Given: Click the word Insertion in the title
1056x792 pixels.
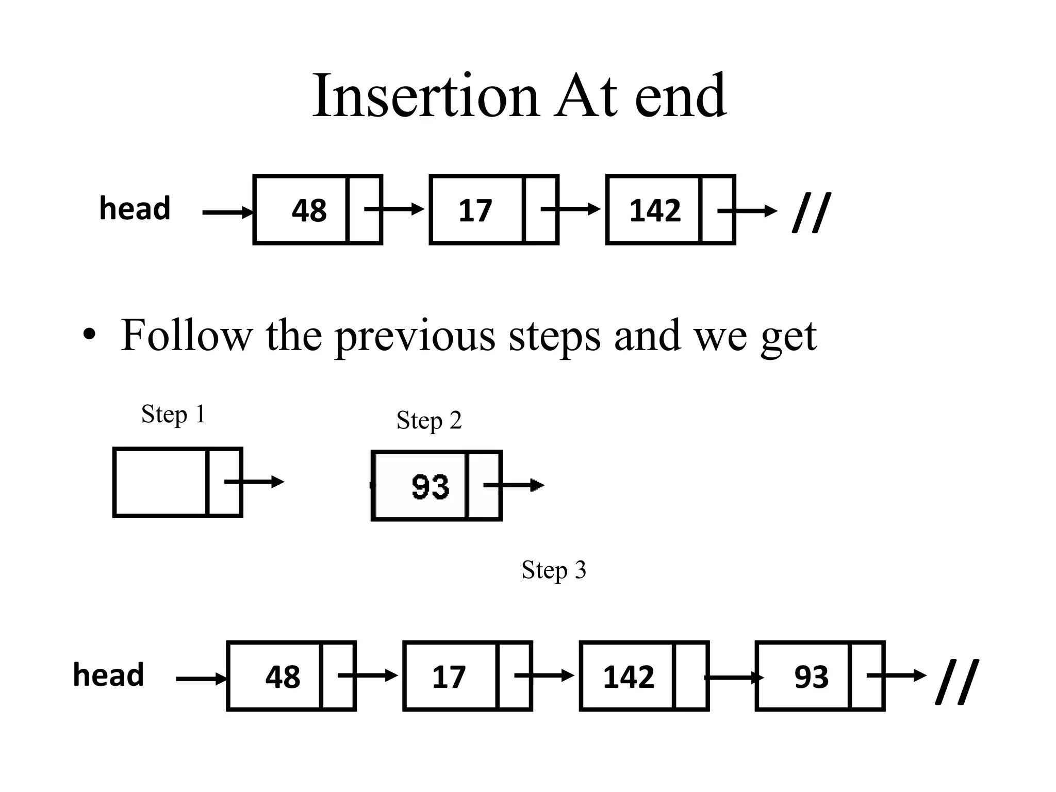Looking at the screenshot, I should click(425, 96).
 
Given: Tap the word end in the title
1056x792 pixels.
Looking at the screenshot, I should click(680, 96).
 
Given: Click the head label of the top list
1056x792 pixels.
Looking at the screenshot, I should click(135, 209).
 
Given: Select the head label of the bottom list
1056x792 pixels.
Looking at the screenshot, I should click(108, 675).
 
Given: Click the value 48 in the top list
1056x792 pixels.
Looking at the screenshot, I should click(309, 210).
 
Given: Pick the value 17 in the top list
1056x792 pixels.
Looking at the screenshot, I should click(475, 211).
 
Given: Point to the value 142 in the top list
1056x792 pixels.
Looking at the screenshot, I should click(655, 211).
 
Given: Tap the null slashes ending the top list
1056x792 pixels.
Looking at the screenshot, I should click(812, 212).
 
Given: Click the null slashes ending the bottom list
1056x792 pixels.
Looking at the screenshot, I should click(956, 681).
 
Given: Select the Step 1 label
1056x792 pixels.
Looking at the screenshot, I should click(173, 415).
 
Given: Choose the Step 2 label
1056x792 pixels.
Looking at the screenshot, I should click(428, 421).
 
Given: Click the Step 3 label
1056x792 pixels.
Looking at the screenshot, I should click(553, 570).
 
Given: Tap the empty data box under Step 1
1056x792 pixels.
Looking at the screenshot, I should click(160, 482).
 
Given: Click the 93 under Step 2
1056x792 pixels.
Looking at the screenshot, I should click(430, 486).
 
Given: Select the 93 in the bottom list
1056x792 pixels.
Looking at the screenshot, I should click(811, 677).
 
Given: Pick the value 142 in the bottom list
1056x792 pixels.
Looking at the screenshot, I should click(628, 677).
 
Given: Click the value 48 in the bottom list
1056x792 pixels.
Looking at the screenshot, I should click(283, 677).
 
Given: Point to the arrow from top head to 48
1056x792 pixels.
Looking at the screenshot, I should click(227, 212).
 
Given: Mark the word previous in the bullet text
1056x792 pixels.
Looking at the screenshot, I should click(415, 336).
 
